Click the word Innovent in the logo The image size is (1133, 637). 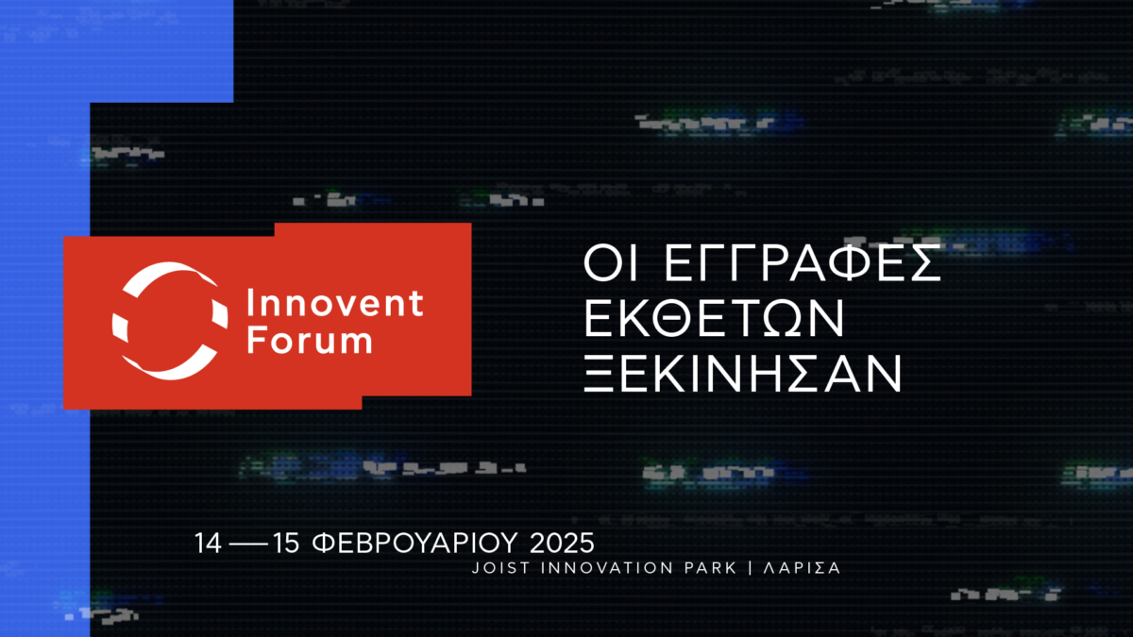point(335,303)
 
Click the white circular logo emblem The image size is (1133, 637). point(170,321)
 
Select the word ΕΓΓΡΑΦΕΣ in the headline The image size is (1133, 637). point(803,263)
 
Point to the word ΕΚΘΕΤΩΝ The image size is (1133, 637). point(714,318)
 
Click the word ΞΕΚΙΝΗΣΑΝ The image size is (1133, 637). point(742,373)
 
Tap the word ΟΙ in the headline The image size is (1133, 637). point(610,263)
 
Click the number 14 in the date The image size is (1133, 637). point(209,543)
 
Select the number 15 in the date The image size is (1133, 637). point(286,543)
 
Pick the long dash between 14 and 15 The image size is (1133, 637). point(247,545)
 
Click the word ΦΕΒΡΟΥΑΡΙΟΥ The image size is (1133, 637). point(414,543)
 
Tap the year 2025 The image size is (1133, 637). point(562,543)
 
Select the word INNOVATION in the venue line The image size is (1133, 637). point(607,568)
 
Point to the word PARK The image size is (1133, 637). point(711,568)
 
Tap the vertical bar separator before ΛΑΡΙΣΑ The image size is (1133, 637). point(751,568)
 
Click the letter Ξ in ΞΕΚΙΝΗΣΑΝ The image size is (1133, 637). point(599,373)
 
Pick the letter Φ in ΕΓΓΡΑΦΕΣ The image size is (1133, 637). point(854,263)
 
